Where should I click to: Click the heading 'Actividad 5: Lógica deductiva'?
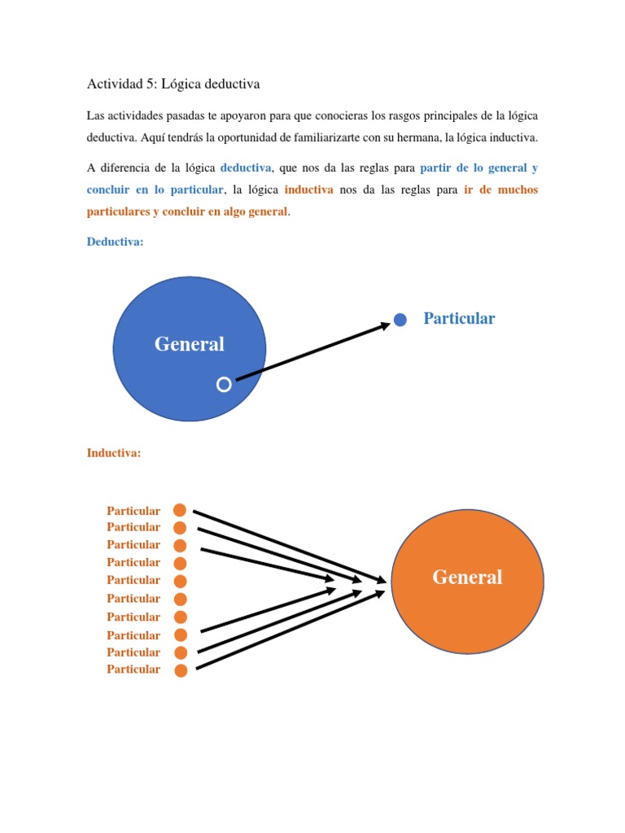(173, 84)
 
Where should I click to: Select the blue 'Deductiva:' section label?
(115, 242)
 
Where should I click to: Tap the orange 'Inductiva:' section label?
(114, 453)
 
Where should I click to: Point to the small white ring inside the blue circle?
(224, 385)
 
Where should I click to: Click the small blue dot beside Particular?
(400, 320)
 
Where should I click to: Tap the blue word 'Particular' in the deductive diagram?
(459, 318)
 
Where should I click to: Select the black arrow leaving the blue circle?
(313, 351)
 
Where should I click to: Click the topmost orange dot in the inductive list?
(180, 510)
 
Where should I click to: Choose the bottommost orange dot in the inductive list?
(181, 670)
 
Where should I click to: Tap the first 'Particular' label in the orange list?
(133, 511)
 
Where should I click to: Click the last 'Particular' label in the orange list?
(133, 669)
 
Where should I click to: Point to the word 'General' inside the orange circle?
(467, 578)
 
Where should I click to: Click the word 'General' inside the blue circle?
(190, 344)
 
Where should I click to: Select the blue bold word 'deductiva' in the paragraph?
(246, 168)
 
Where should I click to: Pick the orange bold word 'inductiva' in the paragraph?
(309, 190)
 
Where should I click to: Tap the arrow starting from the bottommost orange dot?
(289, 630)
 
